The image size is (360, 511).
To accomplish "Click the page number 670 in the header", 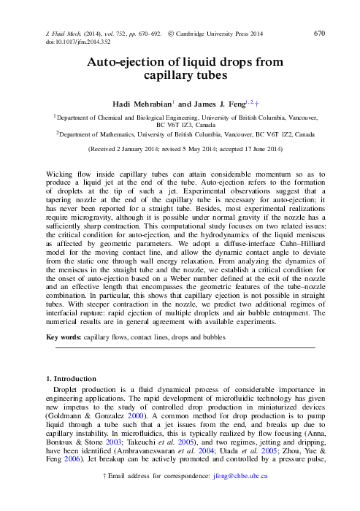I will pos(319,33).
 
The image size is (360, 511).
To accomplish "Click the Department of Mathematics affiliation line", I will pos(185,134).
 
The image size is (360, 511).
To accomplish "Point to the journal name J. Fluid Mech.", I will pos(55,33).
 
